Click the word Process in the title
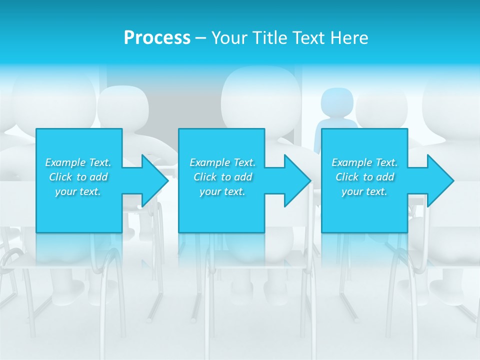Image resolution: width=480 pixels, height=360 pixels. coord(157,38)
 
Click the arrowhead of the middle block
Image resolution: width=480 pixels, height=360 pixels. coord(296,180)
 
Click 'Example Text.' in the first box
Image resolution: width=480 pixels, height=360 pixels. coord(78,162)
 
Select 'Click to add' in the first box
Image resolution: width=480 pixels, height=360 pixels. coord(78,177)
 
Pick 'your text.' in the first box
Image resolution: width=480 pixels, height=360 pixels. coord(78,191)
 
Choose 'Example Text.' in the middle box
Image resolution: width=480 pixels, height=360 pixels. coord(222,162)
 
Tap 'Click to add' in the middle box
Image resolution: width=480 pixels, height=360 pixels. coord(222,177)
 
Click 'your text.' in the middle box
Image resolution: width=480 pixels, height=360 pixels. coord(222,191)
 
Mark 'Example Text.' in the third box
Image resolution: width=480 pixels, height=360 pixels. coord(364,162)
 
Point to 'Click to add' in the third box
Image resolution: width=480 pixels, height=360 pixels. coord(364,177)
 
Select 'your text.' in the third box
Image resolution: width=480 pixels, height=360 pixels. coord(364,191)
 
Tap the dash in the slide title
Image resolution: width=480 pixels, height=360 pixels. coord(200,38)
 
